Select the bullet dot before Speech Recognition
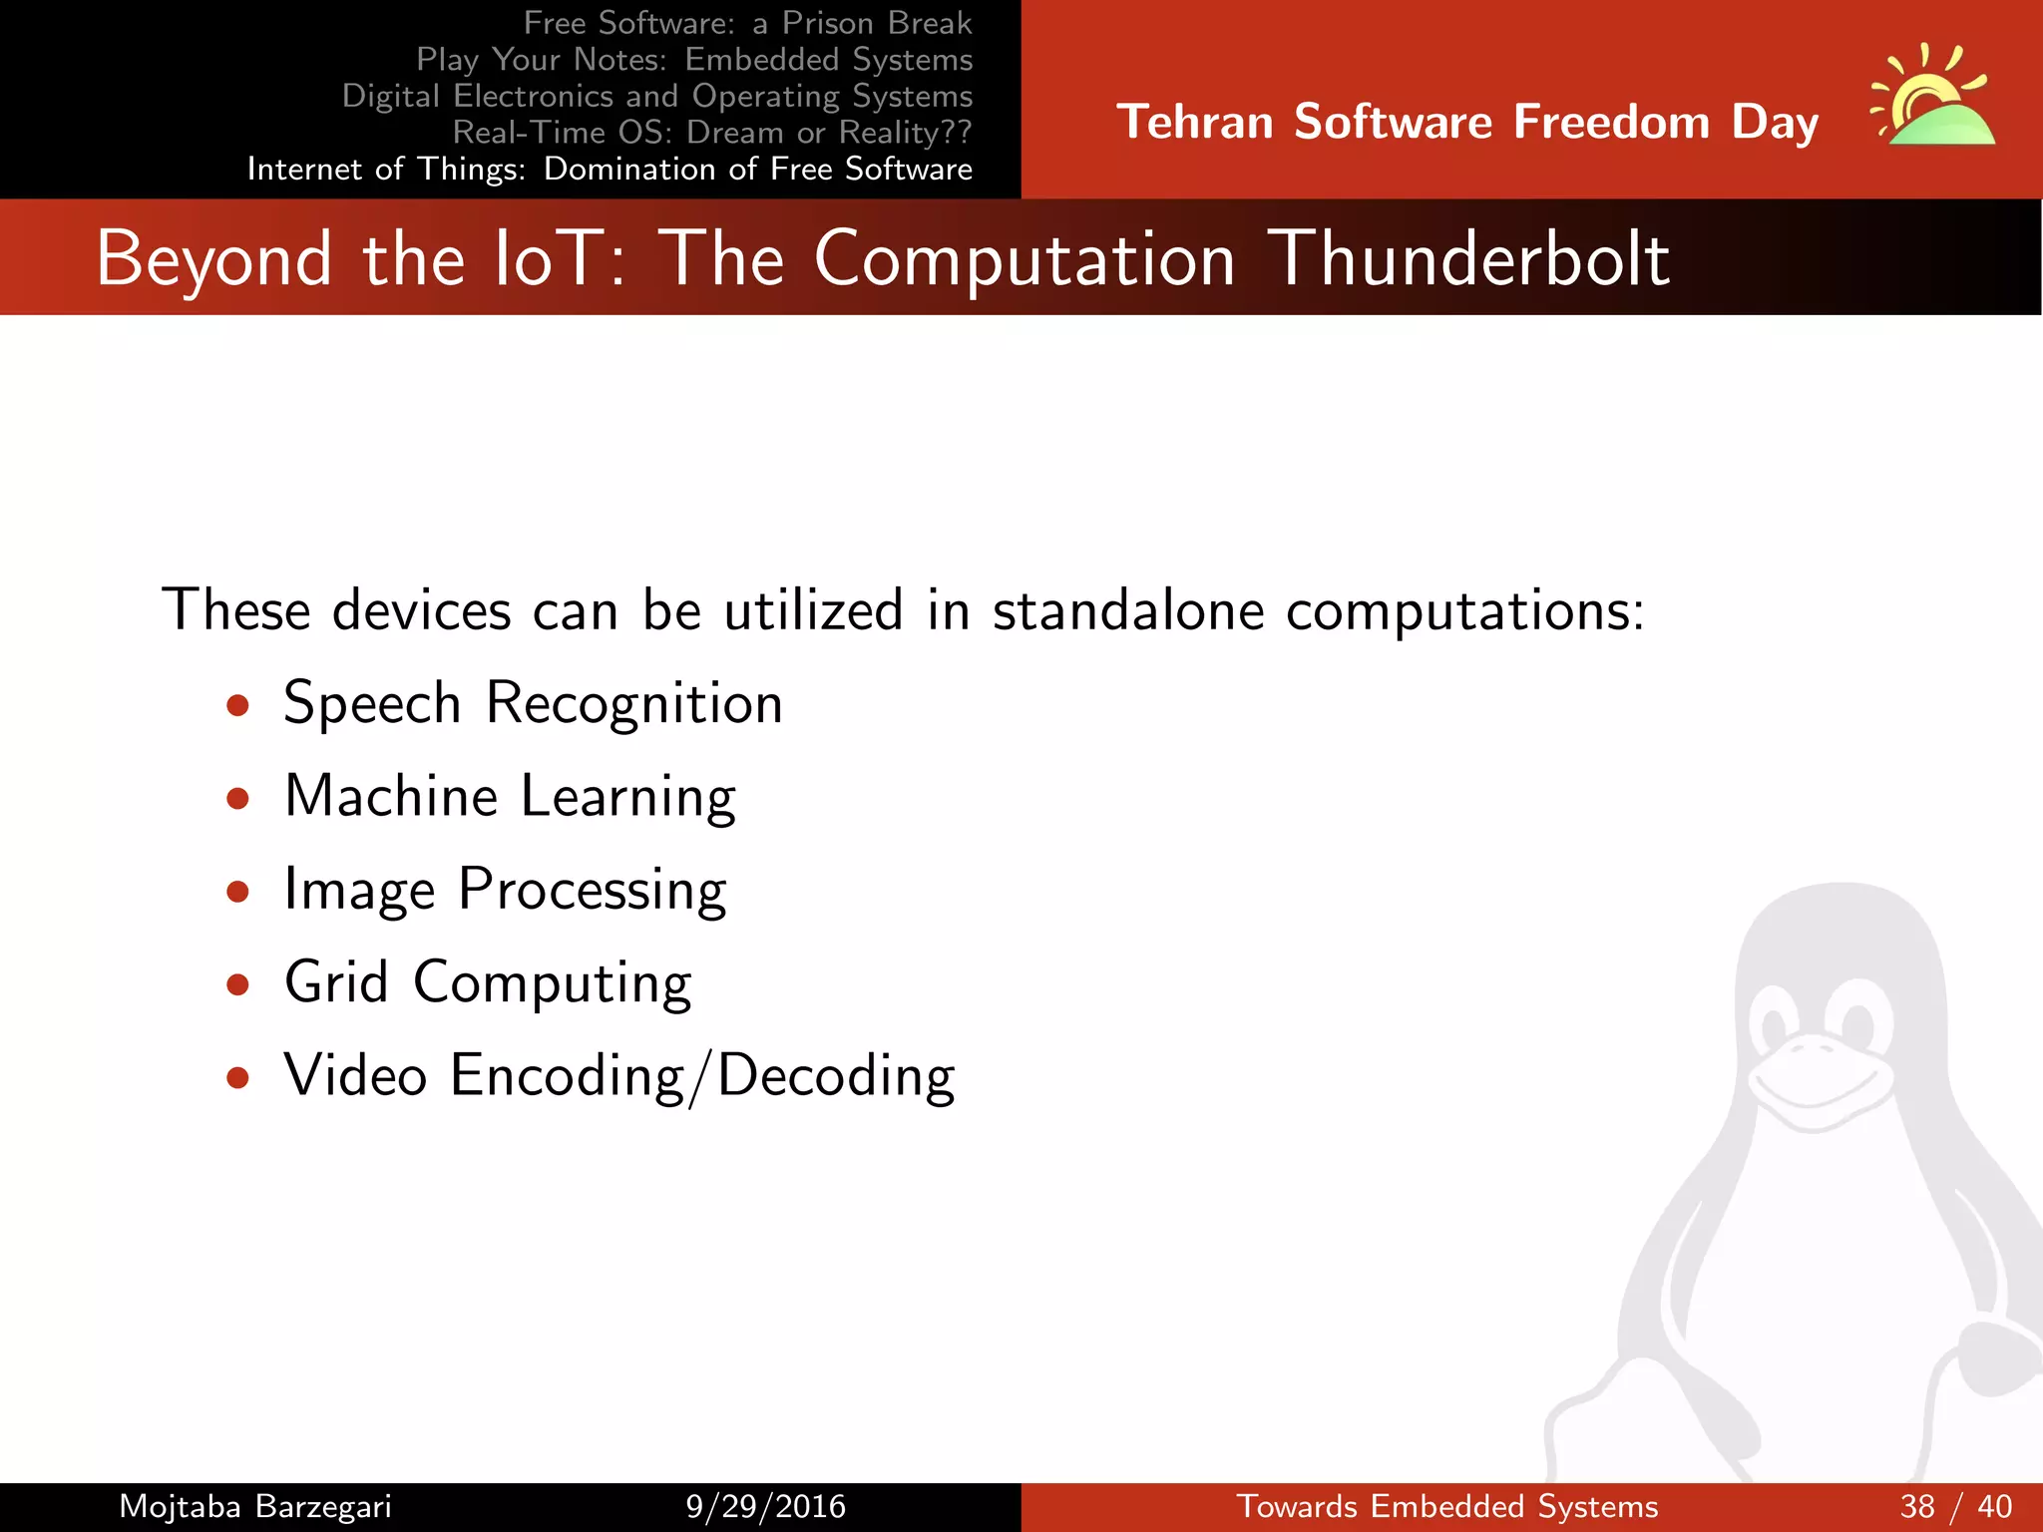pos(237,706)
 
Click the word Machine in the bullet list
pos(391,796)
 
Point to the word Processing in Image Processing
pos(592,890)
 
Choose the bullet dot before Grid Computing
pos(237,985)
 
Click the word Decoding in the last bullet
pos(836,1077)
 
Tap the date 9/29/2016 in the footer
pos(765,1506)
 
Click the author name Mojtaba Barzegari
pos(255,1506)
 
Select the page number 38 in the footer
pos(1917,1506)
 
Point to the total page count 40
pos(1994,1506)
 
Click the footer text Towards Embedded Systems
pos(1446,1506)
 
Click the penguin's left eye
pos(1776,1021)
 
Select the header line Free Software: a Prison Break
pos(747,23)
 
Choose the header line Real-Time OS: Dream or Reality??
pos(711,132)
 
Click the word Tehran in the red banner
pos(1194,123)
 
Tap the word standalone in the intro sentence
pos(1127,610)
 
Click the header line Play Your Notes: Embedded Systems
pos(693,60)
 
